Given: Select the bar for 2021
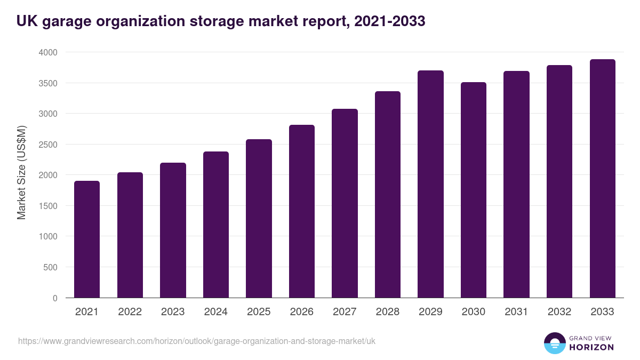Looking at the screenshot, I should pos(87,239).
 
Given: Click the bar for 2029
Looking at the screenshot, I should pos(430,184).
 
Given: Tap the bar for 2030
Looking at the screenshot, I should pos(473,190).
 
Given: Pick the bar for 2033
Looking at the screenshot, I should pos(602,179).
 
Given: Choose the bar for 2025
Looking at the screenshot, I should pos(259,219).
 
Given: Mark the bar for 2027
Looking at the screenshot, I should pos(345,203).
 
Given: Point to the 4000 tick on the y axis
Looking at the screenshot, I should pos(47,52).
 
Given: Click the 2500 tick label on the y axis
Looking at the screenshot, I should pos(47,145).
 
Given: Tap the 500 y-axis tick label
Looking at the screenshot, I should pos(50,267).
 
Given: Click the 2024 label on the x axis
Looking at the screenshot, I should pos(215,312).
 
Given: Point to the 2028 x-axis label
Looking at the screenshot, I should pos(387,312).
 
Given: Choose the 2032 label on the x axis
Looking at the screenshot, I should pos(559,312).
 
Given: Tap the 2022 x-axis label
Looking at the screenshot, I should pos(130,312).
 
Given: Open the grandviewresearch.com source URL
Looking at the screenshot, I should pos(197,341).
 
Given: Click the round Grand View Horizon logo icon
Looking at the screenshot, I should pos(554,343).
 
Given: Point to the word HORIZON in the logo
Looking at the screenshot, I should pos(591,347).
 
